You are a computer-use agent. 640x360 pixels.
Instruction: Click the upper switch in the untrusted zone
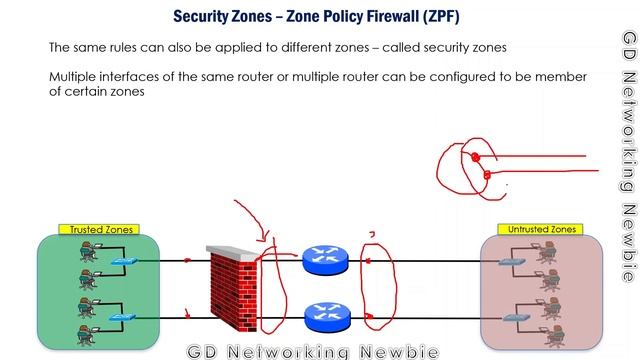tap(515, 262)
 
